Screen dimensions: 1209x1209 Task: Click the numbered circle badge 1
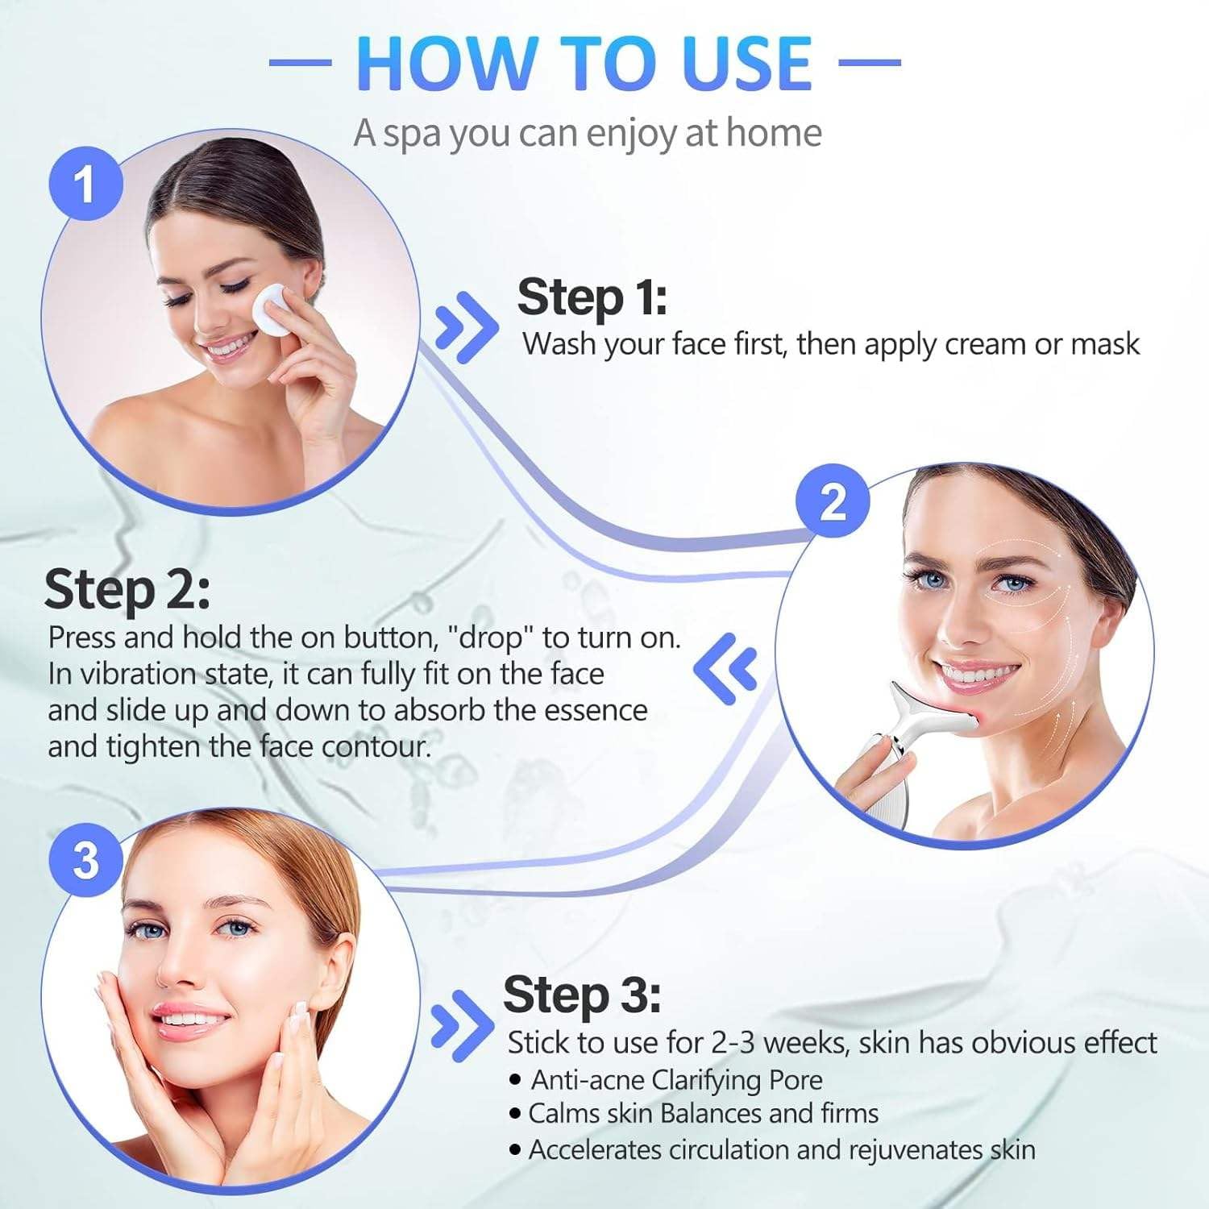85,184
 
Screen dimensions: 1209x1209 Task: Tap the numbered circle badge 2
833,501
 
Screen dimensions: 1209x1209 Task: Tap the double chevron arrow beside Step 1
465,326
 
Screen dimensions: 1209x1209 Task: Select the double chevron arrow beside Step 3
461,1025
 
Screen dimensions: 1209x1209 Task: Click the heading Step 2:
127,589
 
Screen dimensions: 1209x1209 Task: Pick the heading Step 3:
582,995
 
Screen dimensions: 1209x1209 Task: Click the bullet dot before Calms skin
515,1115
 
